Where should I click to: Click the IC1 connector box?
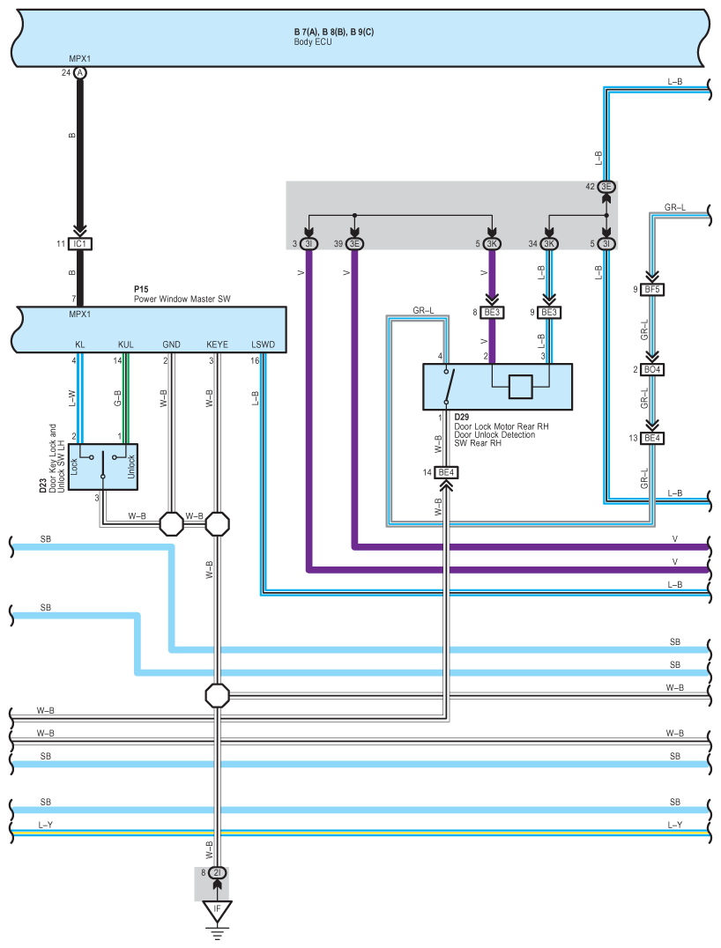[x=80, y=244]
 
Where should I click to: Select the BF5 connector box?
[x=652, y=290]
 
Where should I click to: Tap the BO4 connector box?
[x=652, y=369]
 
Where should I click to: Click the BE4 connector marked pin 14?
[x=446, y=472]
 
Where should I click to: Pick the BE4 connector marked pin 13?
[x=652, y=438]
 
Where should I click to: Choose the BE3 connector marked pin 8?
[x=492, y=313]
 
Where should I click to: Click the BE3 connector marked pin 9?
[x=548, y=313]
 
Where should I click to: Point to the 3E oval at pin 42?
[x=606, y=187]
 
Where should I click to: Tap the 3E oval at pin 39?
[x=354, y=244]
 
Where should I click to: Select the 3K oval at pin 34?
[x=548, y=244]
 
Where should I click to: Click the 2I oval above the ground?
[x=217, y=872]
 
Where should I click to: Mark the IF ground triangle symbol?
[x=217, y=910]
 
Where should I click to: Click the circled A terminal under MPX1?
[x=80, y=72]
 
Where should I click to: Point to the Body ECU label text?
[x=313, y=41]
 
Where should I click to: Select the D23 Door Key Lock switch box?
[x=103, y=467]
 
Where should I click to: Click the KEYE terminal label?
[x=217, y=344]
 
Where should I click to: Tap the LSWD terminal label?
[x=264, y=344]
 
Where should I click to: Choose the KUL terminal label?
[x=126, y=344]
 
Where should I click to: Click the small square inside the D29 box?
[x=520, y=387]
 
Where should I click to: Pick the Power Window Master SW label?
[x=182, y=299]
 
